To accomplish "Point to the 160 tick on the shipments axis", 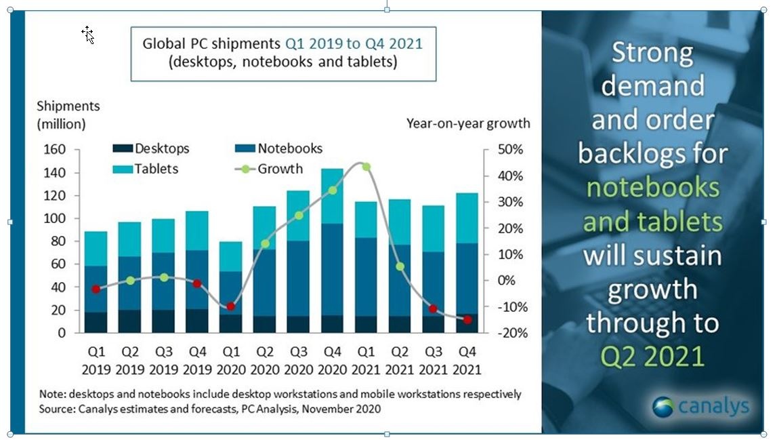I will [55, 150].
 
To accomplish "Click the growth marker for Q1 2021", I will [366, 167].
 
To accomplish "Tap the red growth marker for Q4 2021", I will [468, 319].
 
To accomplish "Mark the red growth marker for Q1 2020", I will [231, 306].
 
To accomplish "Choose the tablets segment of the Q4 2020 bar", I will [333, 196].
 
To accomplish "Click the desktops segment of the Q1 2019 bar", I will [96, 322].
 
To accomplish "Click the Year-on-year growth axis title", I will [468, 123].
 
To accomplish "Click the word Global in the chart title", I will [165, 45].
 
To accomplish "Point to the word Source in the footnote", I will [58, 409].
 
